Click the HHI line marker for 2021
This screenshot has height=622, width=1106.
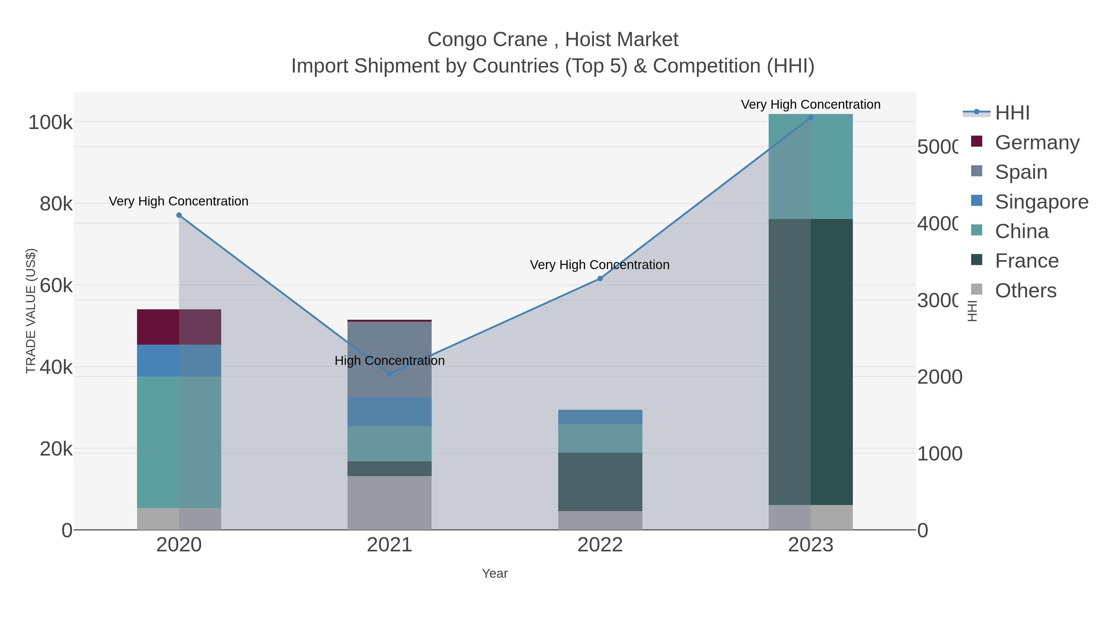pos(390,374)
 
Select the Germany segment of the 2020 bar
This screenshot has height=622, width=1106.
pos(179,327)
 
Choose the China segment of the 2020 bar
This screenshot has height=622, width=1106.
pos(179,442)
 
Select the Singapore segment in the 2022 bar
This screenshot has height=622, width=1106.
pos(600,417)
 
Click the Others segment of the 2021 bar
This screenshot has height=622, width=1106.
pos(390,503)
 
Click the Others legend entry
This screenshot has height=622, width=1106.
pos(1025,291)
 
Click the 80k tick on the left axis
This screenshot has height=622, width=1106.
pos(56,204)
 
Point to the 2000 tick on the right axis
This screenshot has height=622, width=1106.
pos(939,377)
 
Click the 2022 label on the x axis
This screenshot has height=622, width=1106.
pos(600,545)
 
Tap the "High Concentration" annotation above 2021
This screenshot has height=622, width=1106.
pos(390,361)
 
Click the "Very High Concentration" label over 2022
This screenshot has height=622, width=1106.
pos(599,265)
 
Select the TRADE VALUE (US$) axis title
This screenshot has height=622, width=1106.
pos(31,311)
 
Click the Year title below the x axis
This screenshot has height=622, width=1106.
pos(495,573)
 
